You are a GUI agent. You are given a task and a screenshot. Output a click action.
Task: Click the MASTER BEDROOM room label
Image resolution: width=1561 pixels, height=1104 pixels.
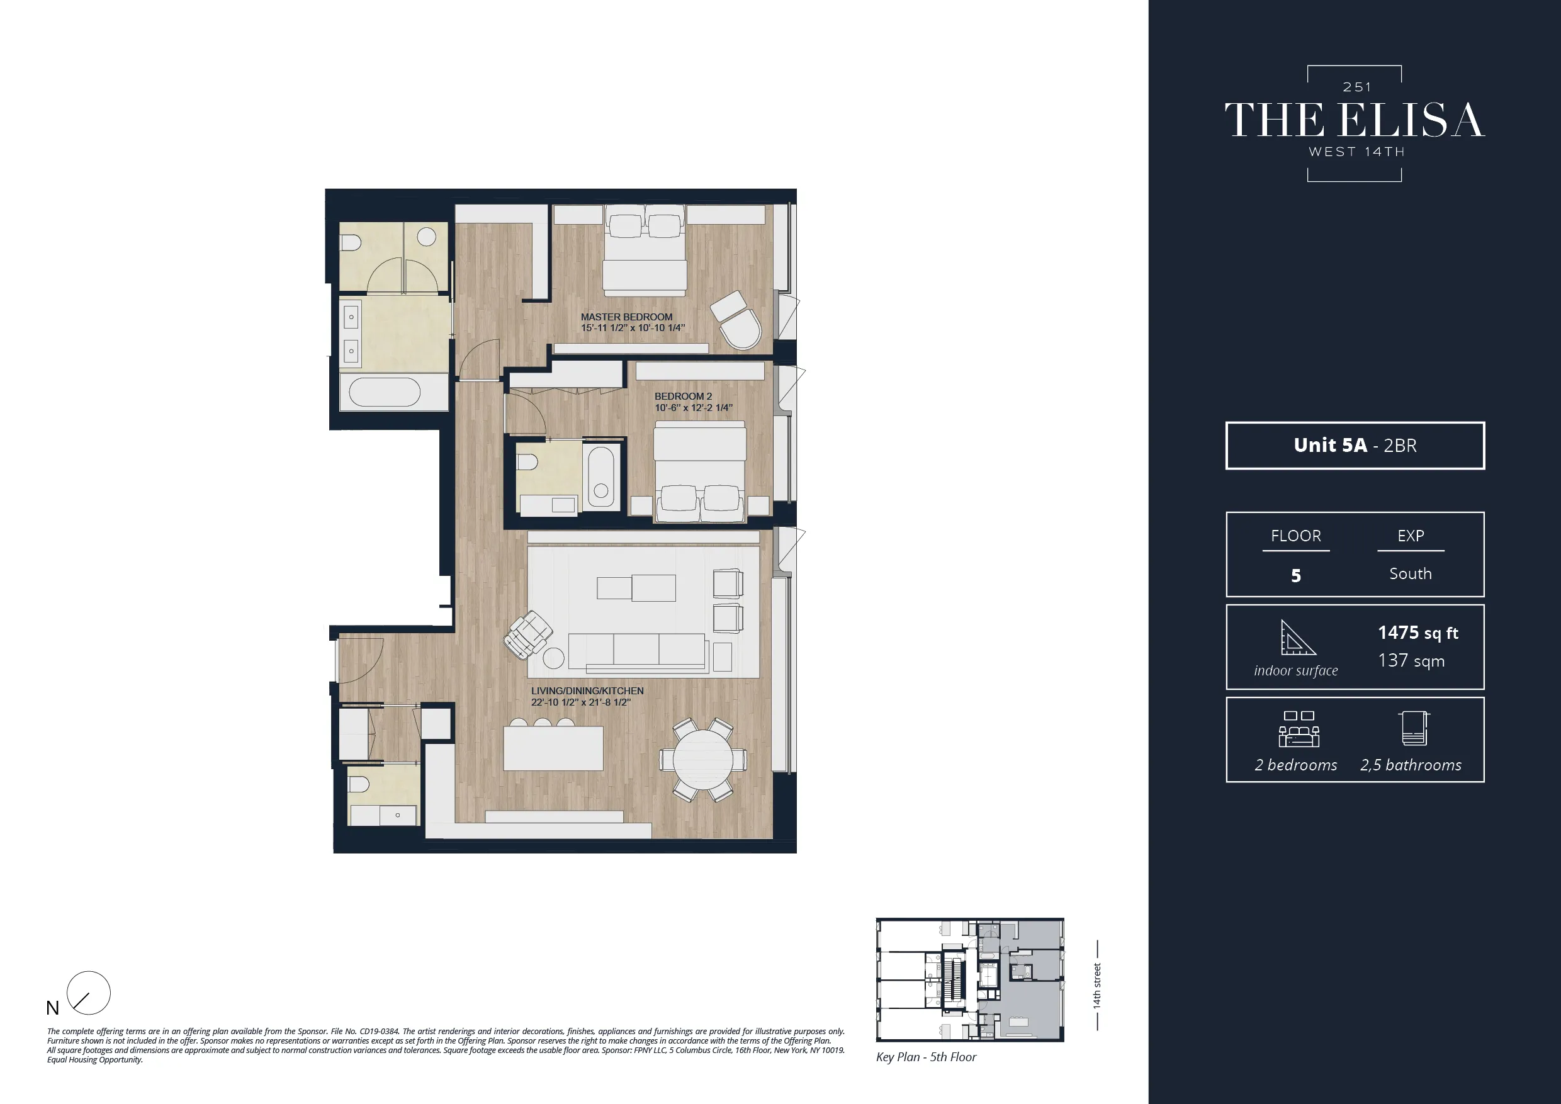(626, 317)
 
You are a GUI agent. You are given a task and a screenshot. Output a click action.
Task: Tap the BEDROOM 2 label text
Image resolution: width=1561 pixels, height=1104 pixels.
(682, 397)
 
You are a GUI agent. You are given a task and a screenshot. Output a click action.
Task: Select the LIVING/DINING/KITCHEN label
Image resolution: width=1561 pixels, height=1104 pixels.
(587, 690)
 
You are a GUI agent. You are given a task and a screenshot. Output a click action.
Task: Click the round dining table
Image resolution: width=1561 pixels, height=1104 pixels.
(703, 759)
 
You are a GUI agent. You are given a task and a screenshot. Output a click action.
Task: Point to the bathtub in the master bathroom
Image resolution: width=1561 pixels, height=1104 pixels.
(384, 392)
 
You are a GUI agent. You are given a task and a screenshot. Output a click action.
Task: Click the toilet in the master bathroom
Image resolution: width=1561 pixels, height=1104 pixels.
(351, 243)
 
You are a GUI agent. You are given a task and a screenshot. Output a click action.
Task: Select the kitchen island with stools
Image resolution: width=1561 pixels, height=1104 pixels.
(553, 748)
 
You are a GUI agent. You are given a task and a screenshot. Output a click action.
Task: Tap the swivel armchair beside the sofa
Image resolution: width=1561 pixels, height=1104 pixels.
(527, 635)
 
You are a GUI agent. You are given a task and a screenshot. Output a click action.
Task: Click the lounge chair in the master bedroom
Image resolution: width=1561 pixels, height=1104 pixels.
(738, 321)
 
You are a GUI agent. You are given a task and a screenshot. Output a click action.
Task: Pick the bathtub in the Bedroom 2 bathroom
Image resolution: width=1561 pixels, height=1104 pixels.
(600, 476)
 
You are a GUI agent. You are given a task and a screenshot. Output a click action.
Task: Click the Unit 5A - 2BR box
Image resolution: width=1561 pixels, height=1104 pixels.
(1355, 445)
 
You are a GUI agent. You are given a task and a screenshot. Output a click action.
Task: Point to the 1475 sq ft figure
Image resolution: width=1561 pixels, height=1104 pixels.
(1417, 633)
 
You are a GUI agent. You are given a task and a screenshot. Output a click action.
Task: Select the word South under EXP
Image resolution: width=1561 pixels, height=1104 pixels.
(1410, 574)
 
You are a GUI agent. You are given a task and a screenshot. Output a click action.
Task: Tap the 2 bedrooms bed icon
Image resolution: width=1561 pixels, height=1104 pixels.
(1298, 730)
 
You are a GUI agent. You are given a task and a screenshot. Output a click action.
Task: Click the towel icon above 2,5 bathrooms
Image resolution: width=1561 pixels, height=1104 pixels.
(1414, 729)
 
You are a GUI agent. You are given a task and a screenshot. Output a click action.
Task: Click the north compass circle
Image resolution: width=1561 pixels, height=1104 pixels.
(89, 993)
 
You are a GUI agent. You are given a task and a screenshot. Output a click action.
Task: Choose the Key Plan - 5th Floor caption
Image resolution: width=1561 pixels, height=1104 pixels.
(925, 1056)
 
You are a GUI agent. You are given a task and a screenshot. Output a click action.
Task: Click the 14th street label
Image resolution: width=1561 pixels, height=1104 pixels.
(1096, 985)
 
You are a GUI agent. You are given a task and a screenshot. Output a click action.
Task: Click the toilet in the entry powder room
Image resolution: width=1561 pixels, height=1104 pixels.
(358, 785)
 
